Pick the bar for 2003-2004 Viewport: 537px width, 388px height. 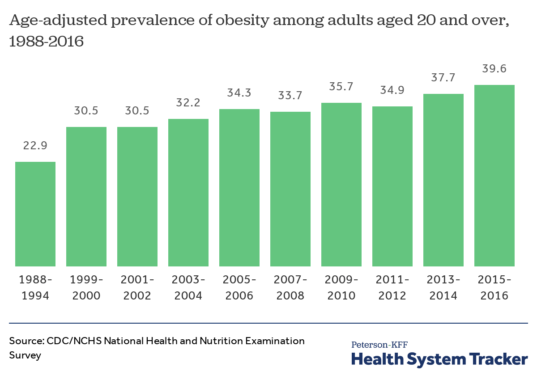coord(188,193)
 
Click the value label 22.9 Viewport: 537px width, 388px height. coord(35,146)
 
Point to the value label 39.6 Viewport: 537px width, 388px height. coord(494,69)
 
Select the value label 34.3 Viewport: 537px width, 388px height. coord(239,93)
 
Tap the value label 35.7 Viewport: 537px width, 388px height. coord(341,87)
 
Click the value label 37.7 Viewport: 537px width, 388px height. coord(443,78)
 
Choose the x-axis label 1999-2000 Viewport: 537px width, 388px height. coord(86,287)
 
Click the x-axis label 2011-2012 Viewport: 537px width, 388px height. coord(392,287)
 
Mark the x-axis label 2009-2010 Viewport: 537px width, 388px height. coord(341,287)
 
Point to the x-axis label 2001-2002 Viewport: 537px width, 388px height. coord(137,287)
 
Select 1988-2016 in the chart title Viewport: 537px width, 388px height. coord(46,42)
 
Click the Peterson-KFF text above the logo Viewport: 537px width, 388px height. coord(379,344)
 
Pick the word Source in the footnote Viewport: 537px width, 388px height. coord(25,341)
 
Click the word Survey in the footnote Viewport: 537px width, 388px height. coord(25,356)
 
